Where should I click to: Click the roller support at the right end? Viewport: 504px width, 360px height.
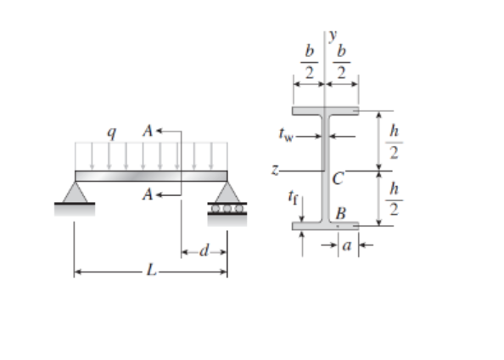tap(227, 200)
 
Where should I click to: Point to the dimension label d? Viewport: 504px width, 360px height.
tap(204, 252)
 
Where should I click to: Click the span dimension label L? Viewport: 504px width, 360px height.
tap(149, 273)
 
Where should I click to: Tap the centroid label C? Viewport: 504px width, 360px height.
tap(338, 178)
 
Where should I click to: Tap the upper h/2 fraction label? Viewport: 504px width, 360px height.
tap(393, 141)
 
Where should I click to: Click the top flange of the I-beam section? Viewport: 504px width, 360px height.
tap(326, 110)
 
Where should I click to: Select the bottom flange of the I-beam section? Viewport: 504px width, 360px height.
tap(326, 226)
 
